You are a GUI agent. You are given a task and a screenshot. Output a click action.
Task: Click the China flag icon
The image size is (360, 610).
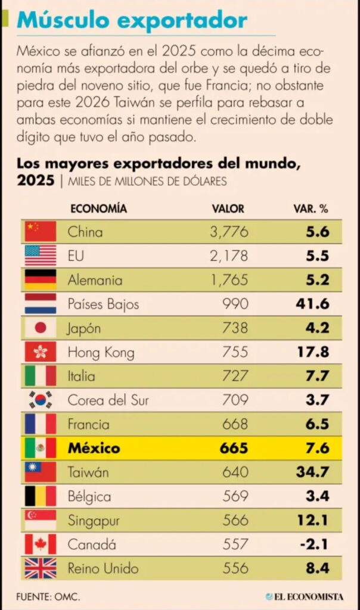(x=41, y=232)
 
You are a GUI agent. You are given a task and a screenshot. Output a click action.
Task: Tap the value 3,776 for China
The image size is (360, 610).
(x=228, y=232)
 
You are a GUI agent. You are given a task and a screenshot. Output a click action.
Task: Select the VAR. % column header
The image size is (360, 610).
(x=311, y=209)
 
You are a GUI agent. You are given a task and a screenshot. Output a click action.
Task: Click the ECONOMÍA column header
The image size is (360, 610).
(x=98, y=209)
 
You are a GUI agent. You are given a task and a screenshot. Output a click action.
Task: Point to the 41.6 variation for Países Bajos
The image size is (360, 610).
(x=312, y=304)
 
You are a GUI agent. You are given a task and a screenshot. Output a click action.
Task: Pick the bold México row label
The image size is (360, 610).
(x=94, y=448)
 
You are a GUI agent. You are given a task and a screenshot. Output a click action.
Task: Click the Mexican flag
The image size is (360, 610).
(x=41, y=448)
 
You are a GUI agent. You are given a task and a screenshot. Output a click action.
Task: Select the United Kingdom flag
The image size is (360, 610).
(x=41, y=568)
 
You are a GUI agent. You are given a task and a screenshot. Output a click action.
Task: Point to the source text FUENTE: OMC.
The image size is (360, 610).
(x=48, y=596)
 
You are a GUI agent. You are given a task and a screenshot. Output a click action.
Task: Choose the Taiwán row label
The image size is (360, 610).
(x=89, y=472)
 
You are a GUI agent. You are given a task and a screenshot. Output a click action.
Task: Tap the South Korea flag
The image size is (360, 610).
(x=41, y=400)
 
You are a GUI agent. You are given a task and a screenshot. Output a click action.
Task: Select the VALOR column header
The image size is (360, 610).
(x=228, y=209)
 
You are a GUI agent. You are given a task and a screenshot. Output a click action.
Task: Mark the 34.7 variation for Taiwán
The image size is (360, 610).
(x=312, y=472)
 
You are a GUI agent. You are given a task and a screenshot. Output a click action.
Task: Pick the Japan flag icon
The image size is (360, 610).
(x=41, y=328)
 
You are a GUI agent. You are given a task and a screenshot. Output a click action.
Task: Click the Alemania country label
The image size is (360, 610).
(x=95, y=280)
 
